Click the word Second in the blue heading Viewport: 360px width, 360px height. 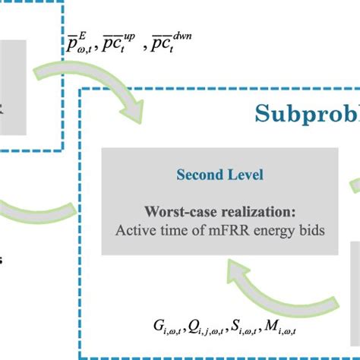pos(200,175)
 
